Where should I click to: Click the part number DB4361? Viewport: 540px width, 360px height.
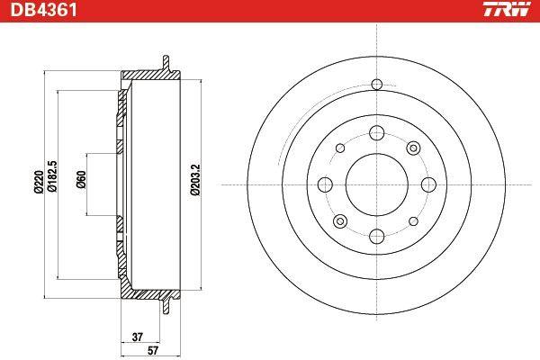43,10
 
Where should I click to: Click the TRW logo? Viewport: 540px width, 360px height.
507,9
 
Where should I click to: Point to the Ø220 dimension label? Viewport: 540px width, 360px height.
38,182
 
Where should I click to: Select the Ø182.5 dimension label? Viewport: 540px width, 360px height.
52,175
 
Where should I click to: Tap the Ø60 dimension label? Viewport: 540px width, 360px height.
81,179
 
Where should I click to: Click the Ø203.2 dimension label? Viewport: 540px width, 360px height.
194,179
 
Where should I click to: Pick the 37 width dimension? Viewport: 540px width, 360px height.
138,337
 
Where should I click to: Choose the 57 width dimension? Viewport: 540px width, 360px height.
153,351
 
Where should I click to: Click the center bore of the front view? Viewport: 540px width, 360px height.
377,184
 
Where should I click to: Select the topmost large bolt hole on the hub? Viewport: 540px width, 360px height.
377,133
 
